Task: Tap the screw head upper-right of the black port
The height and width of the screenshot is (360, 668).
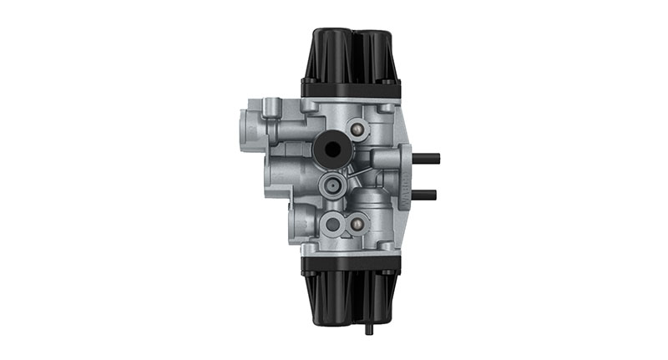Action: pyautogui.click(x=359, y=129)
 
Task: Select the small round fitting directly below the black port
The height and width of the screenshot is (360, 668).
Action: pyautogui.click(x=331, y=185)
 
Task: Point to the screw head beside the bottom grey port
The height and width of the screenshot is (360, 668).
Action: pyautogui.click(x=360, y=223)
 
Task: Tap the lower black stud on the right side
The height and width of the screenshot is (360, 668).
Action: pyautogui.click(x=426, y=195)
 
